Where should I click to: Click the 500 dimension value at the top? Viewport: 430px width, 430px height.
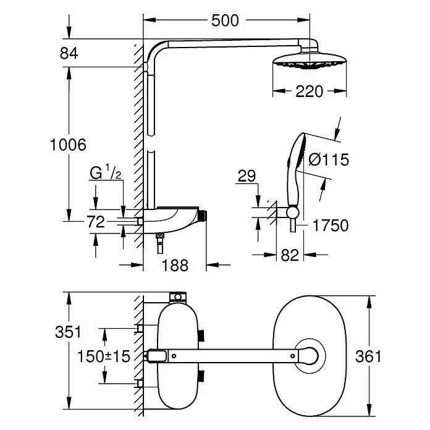click(x=224, y=20)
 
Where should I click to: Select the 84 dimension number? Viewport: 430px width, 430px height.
click(x=69, y=54)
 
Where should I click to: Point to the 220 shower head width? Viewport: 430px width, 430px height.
click(x=309, y=91)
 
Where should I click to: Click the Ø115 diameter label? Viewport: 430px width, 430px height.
click(x=328, y=160)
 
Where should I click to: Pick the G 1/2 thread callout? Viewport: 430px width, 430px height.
click(x=104, y=174)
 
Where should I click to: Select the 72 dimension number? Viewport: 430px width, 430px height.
click(x=96, y=222)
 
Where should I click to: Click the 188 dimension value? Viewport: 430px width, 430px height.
click(x=174, y=265)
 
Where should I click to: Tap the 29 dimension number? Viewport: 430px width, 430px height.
click(x=247, y=177)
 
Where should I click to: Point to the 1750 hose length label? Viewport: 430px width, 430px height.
click(x=331, y=226)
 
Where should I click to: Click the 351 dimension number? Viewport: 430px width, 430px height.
click(x=68, y=332)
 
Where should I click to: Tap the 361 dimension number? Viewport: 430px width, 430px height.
click(x=369, y=356)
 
